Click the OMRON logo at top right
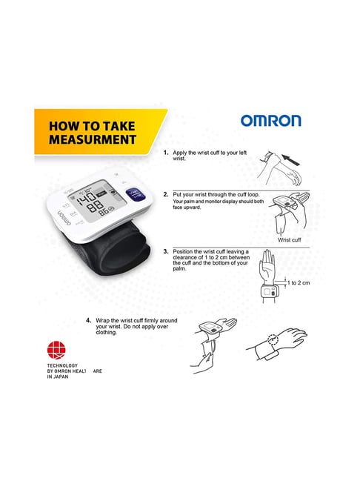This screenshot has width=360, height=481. point(270,122)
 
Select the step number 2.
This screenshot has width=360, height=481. point(166,194)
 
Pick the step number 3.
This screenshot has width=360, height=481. point(166,252)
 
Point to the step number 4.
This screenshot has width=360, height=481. point(88,321)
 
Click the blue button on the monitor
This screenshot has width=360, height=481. point(135,194)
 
